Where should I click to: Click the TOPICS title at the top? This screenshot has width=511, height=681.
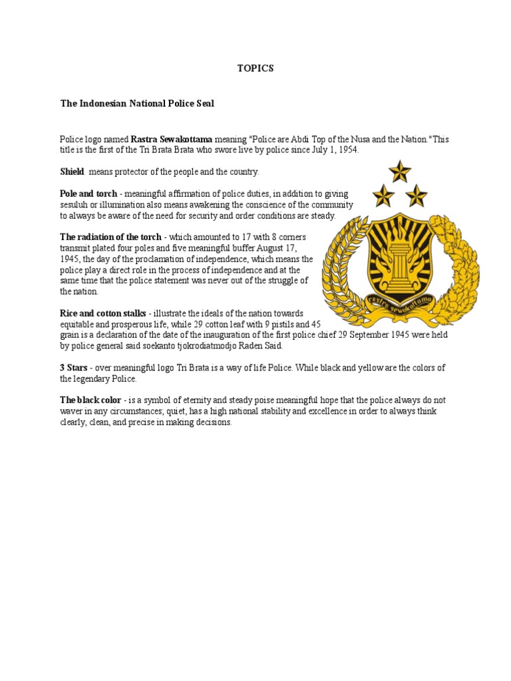tap(255, 68)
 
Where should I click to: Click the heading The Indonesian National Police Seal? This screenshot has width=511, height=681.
tap(137, 104)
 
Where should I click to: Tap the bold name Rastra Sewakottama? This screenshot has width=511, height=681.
tap(172, 140)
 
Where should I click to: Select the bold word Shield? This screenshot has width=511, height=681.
tap(72, 172)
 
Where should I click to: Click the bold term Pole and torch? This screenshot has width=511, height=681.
tap(88, 194)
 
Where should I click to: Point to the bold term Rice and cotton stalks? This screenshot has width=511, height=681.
tap(103, 313)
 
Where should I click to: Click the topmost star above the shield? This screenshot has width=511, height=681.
tap(400, 172)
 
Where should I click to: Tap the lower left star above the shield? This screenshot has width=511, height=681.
tap(383, 196)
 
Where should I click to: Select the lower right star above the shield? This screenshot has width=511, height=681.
tap(417, 196)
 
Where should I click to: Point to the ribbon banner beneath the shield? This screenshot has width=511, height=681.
tap(399, 305)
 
